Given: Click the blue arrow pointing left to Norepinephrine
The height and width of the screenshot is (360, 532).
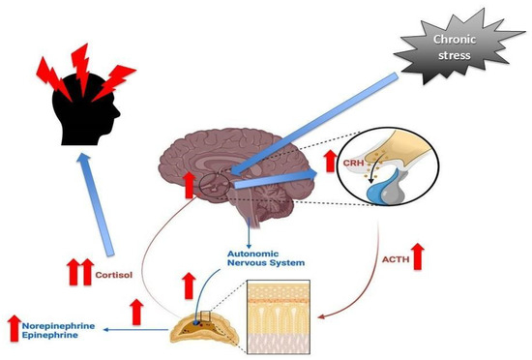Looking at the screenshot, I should tap(144, 330).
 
